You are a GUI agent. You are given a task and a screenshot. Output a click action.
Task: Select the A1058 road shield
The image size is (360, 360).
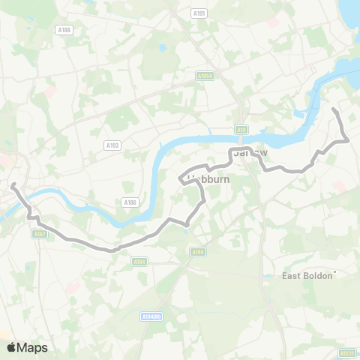(205, 76)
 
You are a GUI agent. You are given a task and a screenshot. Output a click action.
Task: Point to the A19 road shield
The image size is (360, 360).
(241, 129)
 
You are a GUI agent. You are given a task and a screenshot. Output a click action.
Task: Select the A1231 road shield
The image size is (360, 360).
(346, 352)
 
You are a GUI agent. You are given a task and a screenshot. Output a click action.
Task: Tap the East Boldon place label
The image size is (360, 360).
(307, 276)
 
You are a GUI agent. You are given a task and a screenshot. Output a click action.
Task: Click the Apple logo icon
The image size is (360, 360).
(11, 347)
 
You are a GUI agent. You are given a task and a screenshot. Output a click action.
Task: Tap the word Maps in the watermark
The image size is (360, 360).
(33, 347)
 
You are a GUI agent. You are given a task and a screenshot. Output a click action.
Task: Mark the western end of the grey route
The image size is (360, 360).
(13, 184)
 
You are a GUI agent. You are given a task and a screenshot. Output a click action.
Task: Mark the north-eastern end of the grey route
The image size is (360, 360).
(333, 110)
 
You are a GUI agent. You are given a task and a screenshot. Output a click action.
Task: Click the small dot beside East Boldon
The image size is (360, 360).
(335, 272)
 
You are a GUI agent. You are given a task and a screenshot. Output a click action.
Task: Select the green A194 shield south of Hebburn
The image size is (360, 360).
(198, 252)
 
